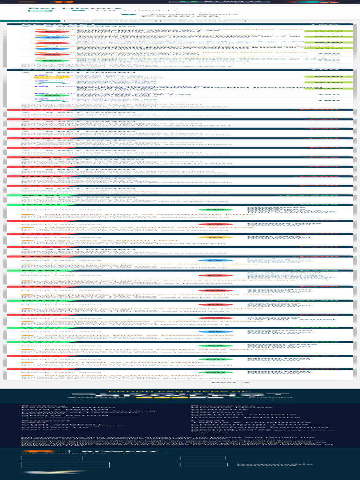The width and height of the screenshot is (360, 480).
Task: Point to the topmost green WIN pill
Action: [328, 31]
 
